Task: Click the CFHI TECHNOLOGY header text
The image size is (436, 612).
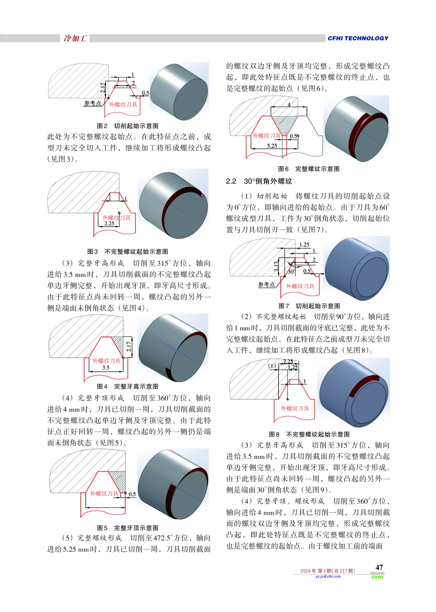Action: tap(358, 39)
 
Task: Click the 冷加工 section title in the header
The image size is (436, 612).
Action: tap(75, 39)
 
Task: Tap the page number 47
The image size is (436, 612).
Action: tap(379, 567)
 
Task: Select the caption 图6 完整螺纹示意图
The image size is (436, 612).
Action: tap(309, 169)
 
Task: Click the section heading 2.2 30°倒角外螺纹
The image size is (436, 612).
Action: tap(259, 181)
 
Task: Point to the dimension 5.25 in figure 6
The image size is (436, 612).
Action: tap(272, 146)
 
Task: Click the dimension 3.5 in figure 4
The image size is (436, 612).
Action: tap(106, 368)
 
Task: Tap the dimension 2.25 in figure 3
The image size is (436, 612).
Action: tap(109, 224)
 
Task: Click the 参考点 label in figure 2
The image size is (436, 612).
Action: tap(92, 103)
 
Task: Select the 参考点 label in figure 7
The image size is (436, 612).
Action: tap(266, 285)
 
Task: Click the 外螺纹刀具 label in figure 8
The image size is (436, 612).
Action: tap(295, 408)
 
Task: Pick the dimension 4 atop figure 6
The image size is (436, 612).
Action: tap(289, 105)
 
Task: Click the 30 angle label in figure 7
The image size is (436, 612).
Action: tap(291, 272)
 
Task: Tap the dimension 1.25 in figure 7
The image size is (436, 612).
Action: tap(304, 245)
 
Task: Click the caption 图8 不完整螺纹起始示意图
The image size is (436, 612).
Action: tap(309, 434)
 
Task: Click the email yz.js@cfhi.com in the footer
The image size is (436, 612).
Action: tap(328, 577)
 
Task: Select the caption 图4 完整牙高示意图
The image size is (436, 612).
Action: tap(128, 387)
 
